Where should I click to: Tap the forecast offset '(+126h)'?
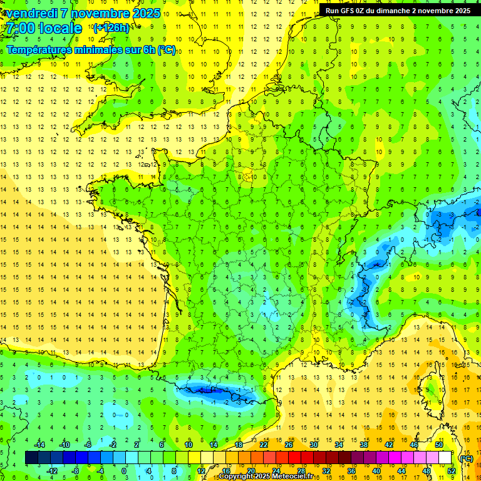click(111, 28)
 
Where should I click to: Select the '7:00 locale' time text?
click(45, 28)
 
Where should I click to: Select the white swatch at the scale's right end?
click(445, 458)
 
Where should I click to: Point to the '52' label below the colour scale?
click(452, 471)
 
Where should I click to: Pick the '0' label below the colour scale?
click(124, 471)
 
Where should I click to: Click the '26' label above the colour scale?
click(289, 445)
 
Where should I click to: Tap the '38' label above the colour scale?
click(364, 445)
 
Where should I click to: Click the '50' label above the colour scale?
click(439, 445)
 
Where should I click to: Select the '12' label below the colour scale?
click(201, 471)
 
